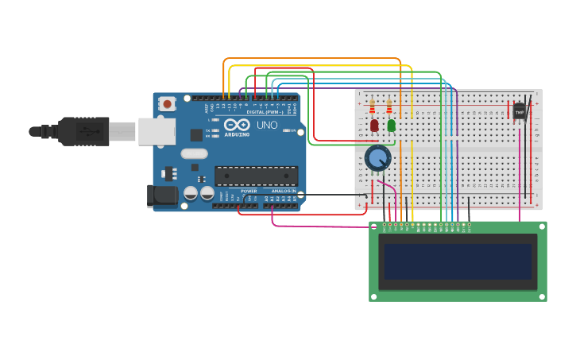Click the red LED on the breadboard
374,125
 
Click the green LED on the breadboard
391,125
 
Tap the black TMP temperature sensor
520,111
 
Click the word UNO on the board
267,125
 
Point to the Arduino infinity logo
237,125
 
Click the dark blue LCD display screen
458,261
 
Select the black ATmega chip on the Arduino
256,176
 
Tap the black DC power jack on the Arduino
163,195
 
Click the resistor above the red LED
372,106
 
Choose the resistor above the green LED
389,106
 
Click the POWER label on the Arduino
249,192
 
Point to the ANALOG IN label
284,192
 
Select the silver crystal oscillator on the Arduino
194,153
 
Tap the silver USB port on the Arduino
157,131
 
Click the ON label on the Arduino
292,130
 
